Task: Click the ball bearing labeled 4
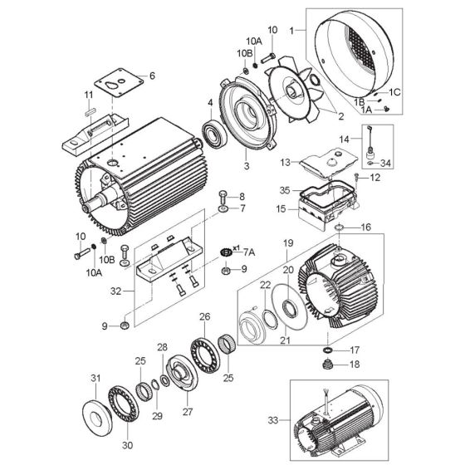click(218, 133)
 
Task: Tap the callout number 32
click(115, 291)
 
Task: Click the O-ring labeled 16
click(340, 227)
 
